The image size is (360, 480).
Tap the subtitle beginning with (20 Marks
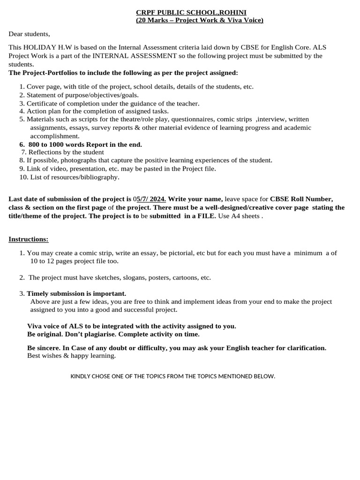[199, 20]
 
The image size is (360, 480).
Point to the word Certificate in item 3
[43, 103]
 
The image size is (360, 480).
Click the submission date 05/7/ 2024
[150, 199]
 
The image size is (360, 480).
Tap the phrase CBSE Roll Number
[301, 199]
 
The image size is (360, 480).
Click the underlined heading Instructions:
[28, 240]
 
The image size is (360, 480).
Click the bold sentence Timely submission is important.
[76, 293]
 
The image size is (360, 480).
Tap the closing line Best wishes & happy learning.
[71, 356]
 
